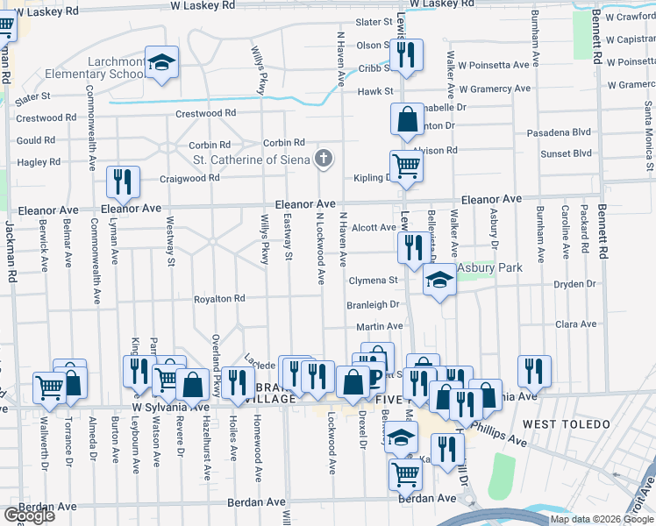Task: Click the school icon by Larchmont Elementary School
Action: coord(161,62)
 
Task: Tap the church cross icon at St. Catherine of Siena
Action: coord(324,159)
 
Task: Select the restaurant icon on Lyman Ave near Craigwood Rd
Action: coord(123,181)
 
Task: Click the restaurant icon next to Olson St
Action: coord(405,55)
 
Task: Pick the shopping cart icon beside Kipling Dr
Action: coord(406,166)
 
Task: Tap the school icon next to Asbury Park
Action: coord(439,280)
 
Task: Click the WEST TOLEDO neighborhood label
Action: coord(566,424)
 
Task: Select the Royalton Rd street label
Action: coord(219,299)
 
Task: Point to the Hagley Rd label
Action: coord(39,162)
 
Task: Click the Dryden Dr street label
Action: coord(574,284)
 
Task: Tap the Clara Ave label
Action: coord(576,324)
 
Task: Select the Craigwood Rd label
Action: coord(189,178)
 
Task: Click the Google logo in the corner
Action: coord(28,515)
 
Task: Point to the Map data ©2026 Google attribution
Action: coord(601,519)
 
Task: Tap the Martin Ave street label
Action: coord(379,326)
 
